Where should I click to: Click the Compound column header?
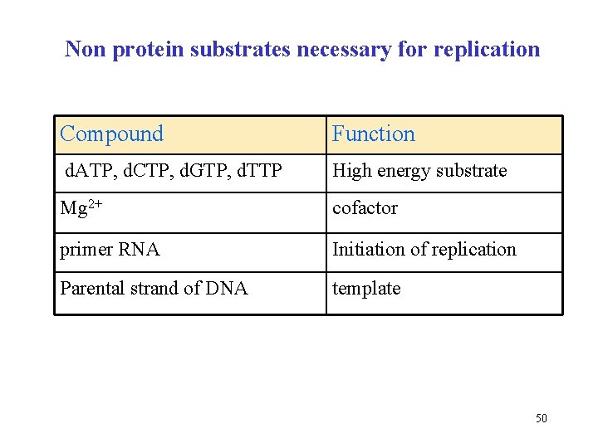click(111, 134)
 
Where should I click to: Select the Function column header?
click(373, 134)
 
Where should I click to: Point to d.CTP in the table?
click(145, 172)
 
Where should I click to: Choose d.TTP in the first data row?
click(258, 172)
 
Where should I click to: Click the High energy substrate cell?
click(419, 172)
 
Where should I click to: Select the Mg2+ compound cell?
click(82, 209)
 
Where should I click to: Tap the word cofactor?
click(365, 209)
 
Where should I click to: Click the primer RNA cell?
click(110, 250)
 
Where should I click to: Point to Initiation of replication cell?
click(424, 250)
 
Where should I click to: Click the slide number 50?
click(541, 418)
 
